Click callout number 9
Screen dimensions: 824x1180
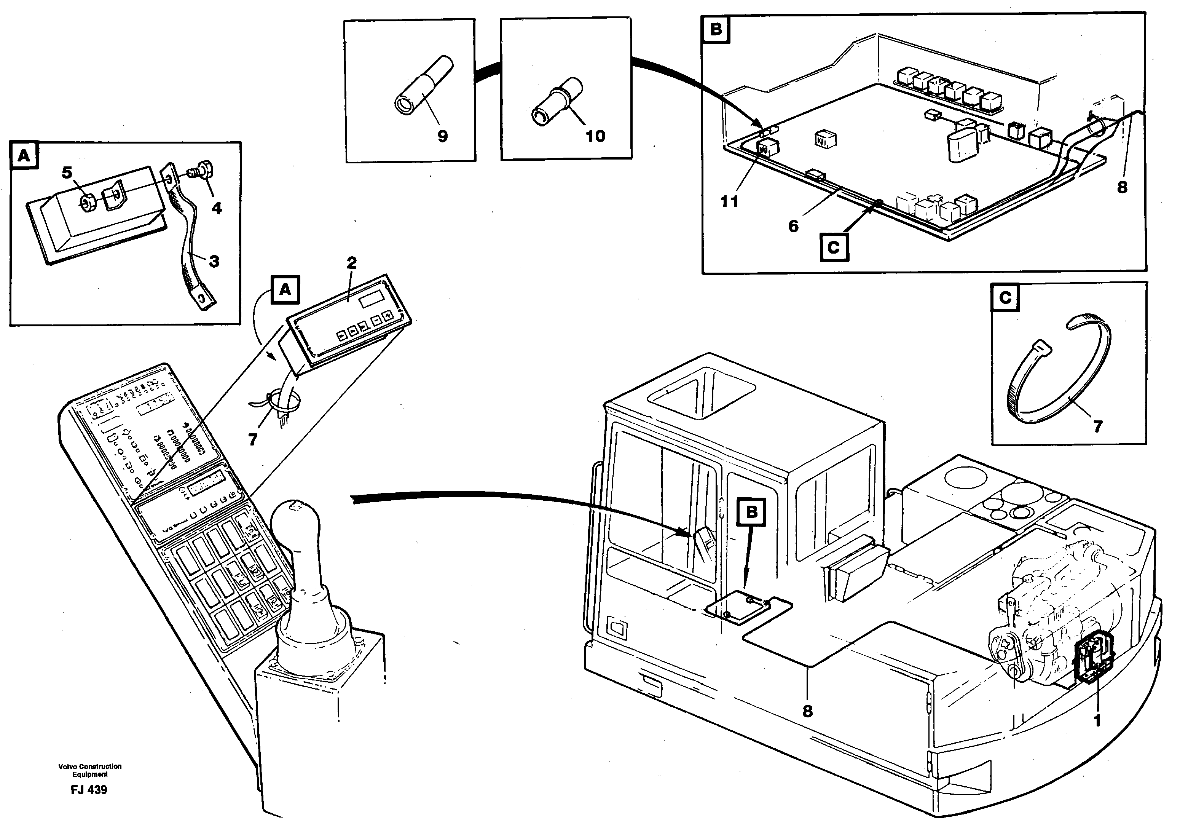(x=442, y=136)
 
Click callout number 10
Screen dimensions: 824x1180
(x=595, y=136)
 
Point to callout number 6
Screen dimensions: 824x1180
(x=794, y=226)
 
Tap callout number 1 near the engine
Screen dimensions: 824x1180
(x=1097, y=721)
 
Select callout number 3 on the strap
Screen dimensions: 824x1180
(x=214, y=261)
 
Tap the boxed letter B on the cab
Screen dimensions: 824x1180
(x=751, y=512)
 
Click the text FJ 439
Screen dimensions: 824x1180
(x=89, y=790)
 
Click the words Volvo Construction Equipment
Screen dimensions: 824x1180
(x=90, y=770)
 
